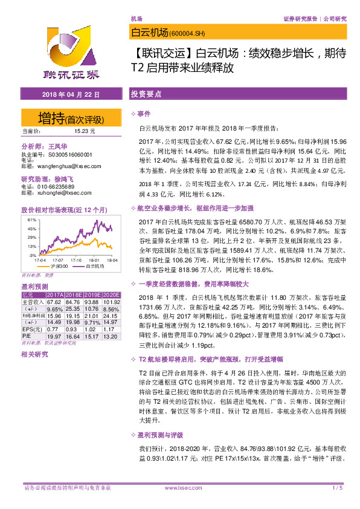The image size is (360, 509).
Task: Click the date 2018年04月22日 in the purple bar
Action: (x=71, y=95)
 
